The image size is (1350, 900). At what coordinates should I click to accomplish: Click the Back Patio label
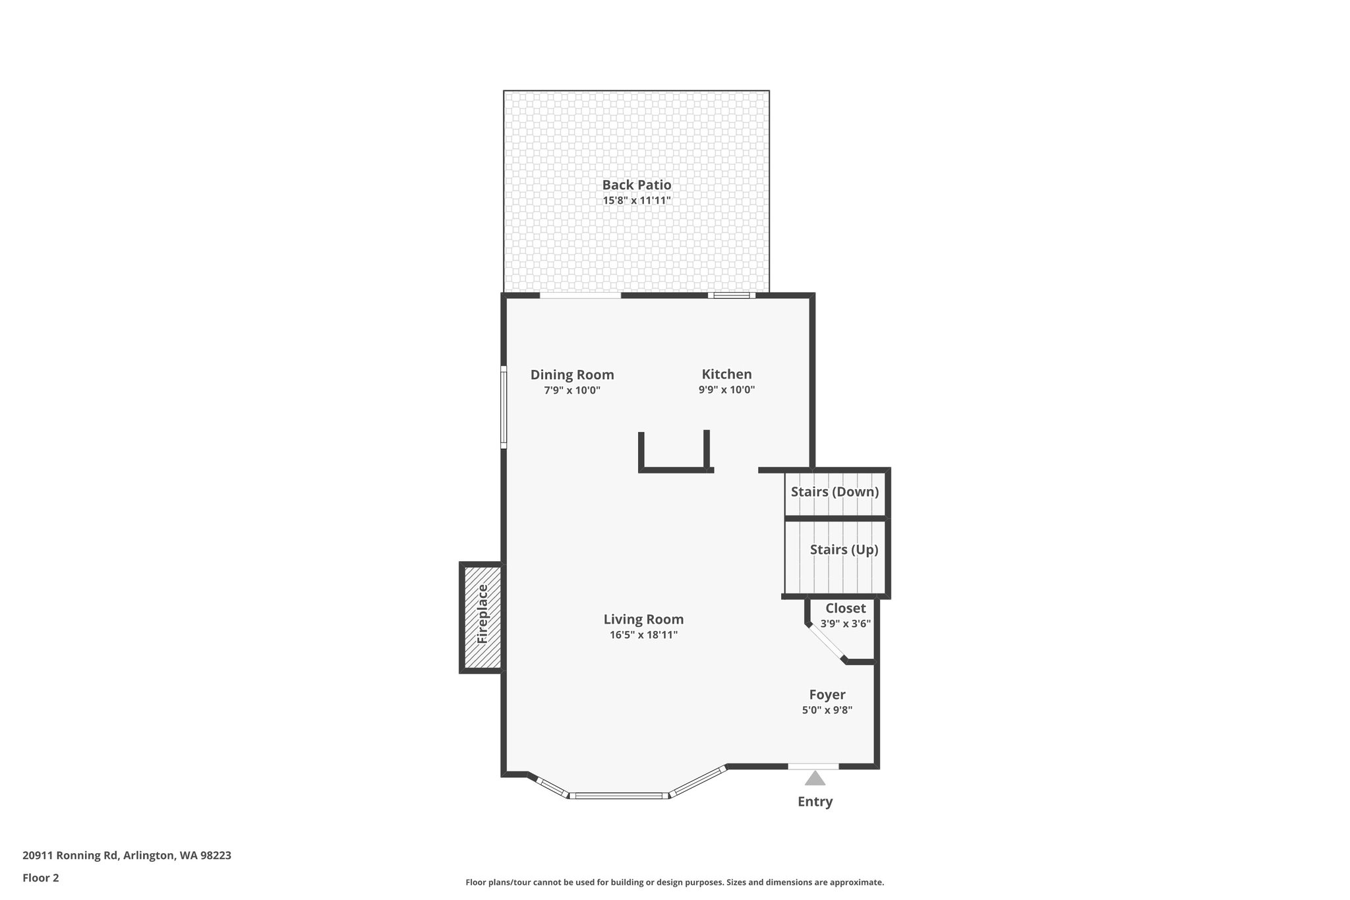pyautogui.click(x=636, y=185)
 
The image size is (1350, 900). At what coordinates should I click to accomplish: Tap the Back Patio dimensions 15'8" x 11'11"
pyautogui.click(x=636, y=200)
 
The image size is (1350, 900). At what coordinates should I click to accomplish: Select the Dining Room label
pyautogui.click(x=572, y=375)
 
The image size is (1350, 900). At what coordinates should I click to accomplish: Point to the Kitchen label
pyautogui.click(x=726, y=374)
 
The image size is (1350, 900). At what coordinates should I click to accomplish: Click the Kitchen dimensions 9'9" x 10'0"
pyautogui.click(x=726, y=390)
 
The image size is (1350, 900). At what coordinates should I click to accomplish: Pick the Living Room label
pyautogui.click(x=643, y=619)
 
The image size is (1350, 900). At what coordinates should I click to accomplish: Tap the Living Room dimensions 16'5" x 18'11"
pyautogui.click(x=643, y=635)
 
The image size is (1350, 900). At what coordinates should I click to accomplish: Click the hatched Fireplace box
pyautogui.click(x=482, y=617)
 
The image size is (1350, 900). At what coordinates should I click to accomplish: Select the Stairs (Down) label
pyautogui.click(x=835, y=492)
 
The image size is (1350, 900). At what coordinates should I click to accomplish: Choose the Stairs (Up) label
pyautogui.click(x=844, y=549)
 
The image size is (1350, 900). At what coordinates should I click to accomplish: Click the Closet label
pyautogui.click(x=845, y=608)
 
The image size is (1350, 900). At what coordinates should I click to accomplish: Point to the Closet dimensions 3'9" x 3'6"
pyautogui.click(x=845, y=624)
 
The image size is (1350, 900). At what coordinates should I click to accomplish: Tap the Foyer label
pyautogui.click(x=827, y=694)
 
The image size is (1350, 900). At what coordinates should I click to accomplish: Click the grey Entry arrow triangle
pyautogui.click(x=815, y=779)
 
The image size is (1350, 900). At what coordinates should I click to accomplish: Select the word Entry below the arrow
pyautogui.click(x=815, y=802)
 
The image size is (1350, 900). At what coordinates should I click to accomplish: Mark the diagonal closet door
pyautogui.click(x=826, y=642)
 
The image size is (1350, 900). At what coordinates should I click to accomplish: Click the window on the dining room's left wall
pyautogui.click(x=504, y=407)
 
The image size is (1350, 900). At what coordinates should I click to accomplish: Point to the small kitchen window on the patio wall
pyautogui.click(x=732, y=295)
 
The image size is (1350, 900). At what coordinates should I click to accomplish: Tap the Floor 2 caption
pyautogui.click(x=41, y=878)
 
